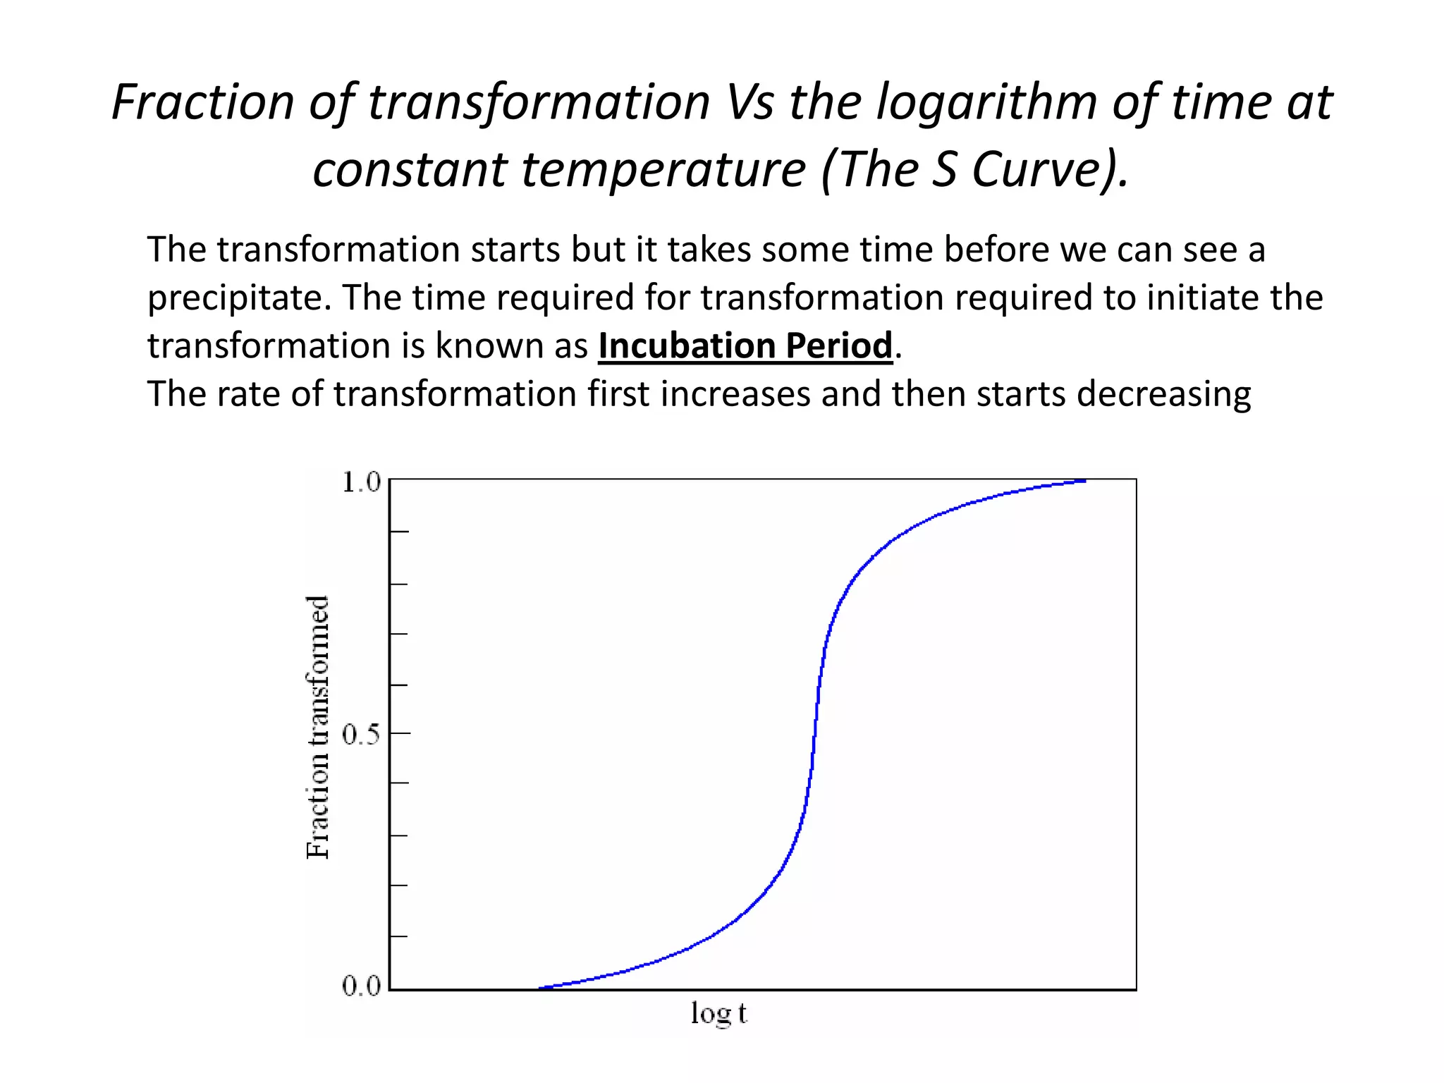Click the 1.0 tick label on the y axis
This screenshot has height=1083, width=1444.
(360, 483)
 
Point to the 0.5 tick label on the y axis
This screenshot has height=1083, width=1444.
(360, 735)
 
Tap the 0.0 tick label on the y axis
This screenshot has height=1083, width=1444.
(360, 986)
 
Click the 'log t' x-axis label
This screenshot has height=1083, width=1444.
(718, 1014)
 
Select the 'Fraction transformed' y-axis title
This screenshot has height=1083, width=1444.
(318, 727)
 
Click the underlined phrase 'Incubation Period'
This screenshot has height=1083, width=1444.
(745, 345)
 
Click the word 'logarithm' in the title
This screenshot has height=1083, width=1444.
(986, 102)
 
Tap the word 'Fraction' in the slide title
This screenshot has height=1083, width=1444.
(202, 102)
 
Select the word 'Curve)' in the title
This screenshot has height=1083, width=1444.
(1051, 170)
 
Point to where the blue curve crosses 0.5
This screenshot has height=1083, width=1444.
(814, 734)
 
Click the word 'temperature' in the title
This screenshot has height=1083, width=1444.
(663, 170)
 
